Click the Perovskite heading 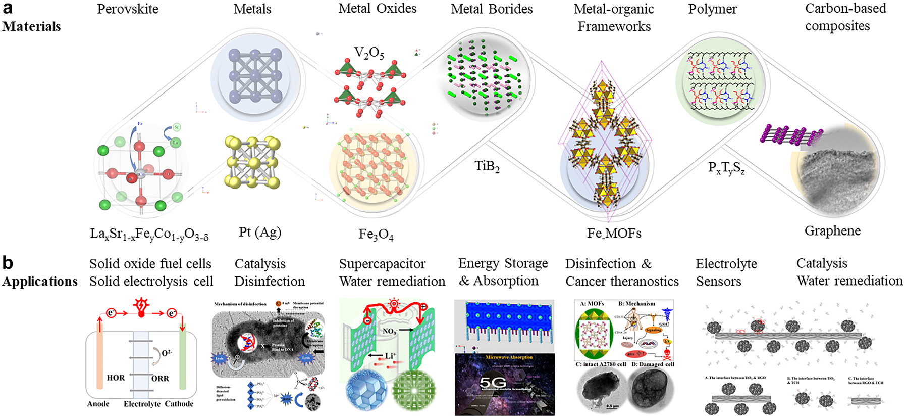click(127, 9)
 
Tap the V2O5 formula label click(368, 53)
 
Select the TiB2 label click(487, 166)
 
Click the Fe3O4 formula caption click(376, 235)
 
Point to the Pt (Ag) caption click(259, 232)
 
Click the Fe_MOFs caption click(614, 234)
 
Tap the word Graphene click(832, 231)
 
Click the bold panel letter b click(8, 263)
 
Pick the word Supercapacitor click(382, 264)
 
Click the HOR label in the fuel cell click(116, 378)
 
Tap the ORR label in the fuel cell click(160, 378)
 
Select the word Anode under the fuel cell click(98, 404)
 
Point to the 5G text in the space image click(492, 383)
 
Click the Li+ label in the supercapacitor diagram click(389, 356)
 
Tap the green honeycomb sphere click(413, 390)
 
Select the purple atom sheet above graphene click(790, 135)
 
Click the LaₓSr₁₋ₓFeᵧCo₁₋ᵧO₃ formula click(149, 234)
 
